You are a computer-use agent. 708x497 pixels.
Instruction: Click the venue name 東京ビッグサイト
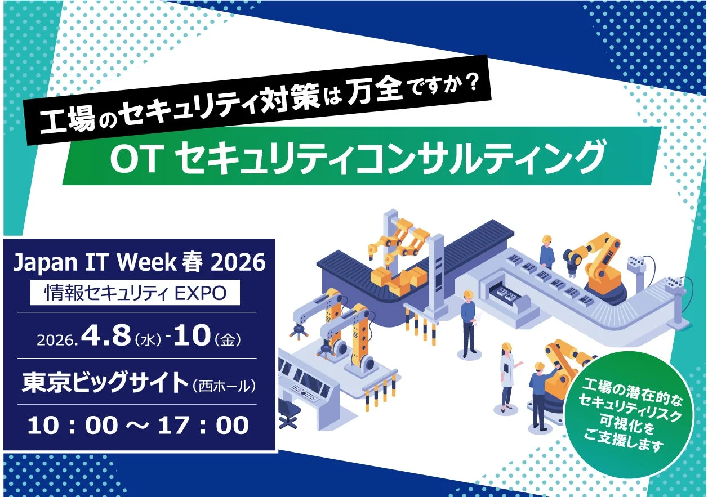105,384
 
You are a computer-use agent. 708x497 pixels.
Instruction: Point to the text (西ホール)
224,386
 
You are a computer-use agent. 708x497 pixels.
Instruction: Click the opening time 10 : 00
72,425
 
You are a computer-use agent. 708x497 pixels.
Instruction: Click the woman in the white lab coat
507,374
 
